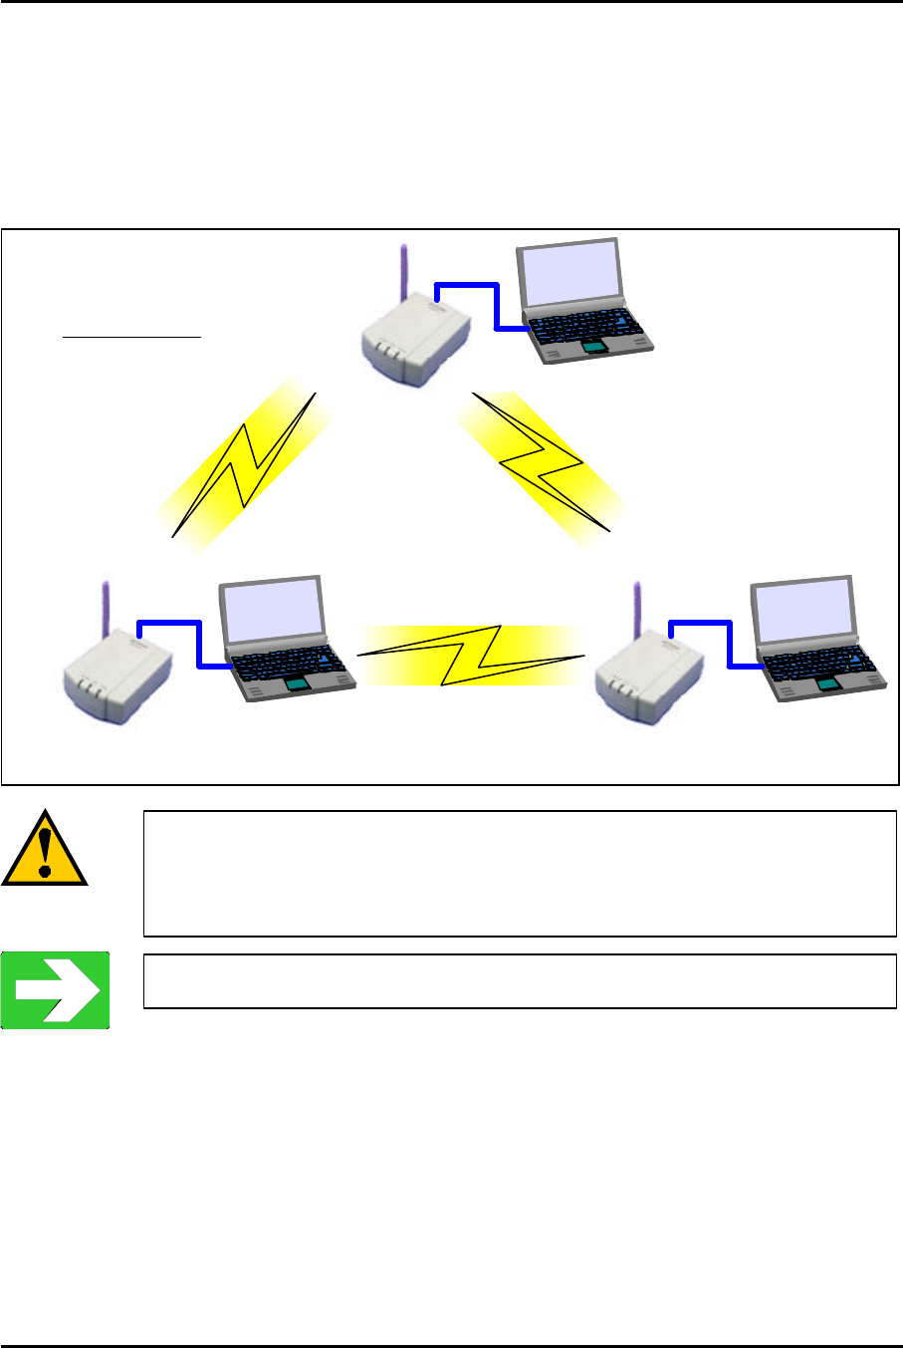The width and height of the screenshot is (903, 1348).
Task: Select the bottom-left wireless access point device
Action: pos(117,678)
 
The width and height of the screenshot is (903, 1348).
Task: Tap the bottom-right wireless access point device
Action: pos(648,678)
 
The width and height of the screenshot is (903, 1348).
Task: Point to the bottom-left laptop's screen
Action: pos(269,611)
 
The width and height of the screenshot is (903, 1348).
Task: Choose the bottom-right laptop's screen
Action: pos(800,611)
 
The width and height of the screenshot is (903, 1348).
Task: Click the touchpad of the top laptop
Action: pos(594,346)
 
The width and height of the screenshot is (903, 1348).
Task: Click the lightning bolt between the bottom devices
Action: pos(469,655)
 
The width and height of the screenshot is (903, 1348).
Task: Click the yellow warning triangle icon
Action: pos(45,851)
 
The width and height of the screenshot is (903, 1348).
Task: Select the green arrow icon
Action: pos(55,990)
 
